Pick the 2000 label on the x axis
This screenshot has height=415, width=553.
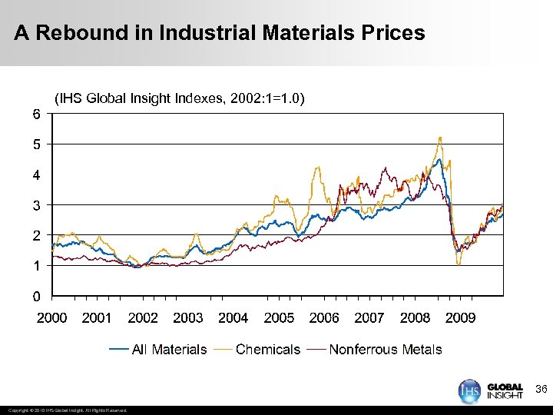52,317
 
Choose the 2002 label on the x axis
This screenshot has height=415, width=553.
143,317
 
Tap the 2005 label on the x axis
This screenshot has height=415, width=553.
279,317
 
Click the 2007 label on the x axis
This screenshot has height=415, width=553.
369,317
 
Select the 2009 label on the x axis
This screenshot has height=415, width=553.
460,317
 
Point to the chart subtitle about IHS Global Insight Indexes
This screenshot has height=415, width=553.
179,98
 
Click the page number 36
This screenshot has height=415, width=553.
541,390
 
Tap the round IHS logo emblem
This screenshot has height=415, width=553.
469,390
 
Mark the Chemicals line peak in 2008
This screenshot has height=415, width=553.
439,138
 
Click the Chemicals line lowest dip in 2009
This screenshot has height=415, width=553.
459,264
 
